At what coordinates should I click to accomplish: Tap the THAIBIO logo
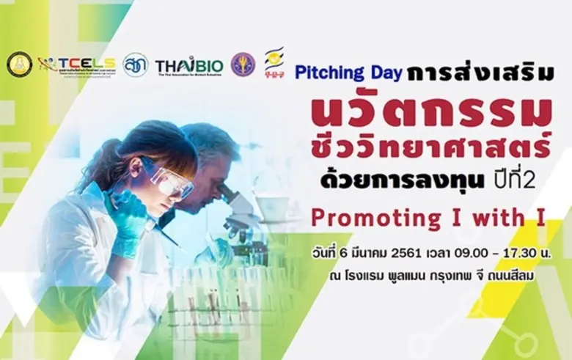pos(189,67)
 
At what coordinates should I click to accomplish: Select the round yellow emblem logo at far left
pos(19,65)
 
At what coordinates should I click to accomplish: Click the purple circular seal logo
pos(243,65)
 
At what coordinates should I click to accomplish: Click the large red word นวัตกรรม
pos(430,111)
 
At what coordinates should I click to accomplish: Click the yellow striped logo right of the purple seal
pos(274,63)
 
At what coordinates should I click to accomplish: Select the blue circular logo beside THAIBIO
pos(135,65)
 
